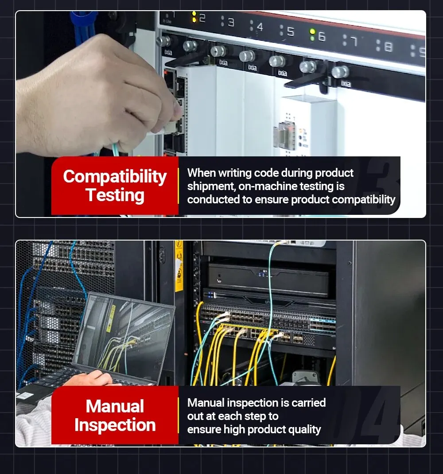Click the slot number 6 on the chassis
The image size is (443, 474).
pos(322,37)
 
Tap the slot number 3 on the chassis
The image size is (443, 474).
pos(231,22)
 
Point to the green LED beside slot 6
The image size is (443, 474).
pos(312,31)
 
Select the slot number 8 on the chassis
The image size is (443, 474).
pos(389,47)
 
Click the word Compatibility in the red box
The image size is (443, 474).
pos(115,177)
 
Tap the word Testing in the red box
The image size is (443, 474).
pos(115,195)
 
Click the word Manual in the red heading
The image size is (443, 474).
pos(115,406)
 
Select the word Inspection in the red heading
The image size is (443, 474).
pos(115,425)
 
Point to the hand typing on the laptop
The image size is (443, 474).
pos(91,378)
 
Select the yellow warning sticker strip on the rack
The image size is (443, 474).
pos(179,266)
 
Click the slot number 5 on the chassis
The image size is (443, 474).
pos(291,31)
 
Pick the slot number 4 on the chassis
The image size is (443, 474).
pos(260,27)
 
